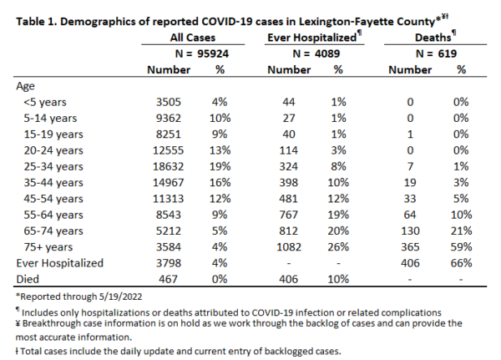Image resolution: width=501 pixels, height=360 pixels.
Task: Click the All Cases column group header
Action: tap(193, 38)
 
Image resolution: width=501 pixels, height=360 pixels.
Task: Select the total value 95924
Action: tap(213, 53)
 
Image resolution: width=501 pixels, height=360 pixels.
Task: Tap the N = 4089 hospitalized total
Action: tap(316, 53)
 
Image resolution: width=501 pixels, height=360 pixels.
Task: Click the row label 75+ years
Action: tap(48, 247)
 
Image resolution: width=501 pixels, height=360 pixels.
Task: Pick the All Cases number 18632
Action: tap(169, 166)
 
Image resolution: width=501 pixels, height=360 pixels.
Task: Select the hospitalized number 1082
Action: tap(289, 247)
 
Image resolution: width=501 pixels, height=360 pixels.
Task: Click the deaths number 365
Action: tap(410, 247)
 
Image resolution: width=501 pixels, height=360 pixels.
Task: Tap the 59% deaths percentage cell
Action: tap(462, 247)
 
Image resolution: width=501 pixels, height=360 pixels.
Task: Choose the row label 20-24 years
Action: tap(53, 150)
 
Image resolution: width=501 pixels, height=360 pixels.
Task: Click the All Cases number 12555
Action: tap(169, 150)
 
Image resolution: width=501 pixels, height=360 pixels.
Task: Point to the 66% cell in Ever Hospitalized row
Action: tap(462, 263)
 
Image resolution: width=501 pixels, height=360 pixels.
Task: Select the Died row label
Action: tap(28, 279)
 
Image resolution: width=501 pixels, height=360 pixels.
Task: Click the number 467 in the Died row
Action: tap(169, 279)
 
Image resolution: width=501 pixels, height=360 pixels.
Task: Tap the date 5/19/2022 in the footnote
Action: tap(120, 297)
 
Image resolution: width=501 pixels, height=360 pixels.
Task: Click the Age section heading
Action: tap(25, 86)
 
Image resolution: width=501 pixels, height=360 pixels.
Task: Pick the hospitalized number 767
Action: tap(289, 215)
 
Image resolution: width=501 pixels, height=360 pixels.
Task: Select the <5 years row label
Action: tap(45, 102)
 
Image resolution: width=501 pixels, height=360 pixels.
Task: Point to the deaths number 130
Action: tap(410, 231)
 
